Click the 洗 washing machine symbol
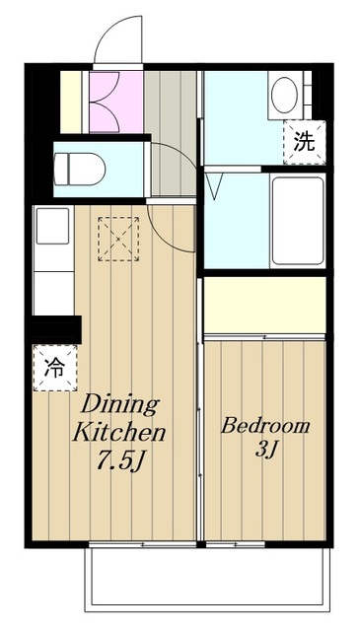[303, 139]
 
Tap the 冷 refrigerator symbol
[53, 369]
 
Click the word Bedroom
[264, 427]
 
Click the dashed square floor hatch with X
[117, 238]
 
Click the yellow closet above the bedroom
[264, 306]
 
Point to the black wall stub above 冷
[55, 328]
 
